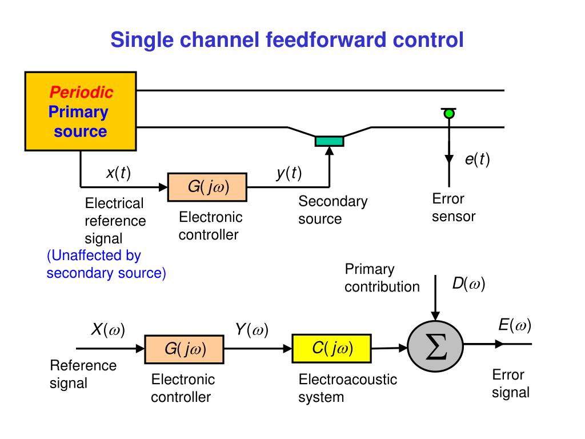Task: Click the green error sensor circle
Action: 449,114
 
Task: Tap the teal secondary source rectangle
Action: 329,141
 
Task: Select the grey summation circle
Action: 435,346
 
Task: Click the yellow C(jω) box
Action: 331,348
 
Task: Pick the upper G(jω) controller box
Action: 207,187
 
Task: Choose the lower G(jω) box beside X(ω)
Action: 185,349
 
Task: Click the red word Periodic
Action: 81,92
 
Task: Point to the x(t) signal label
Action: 118,173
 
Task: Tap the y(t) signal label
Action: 289,173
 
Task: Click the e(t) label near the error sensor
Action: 477,159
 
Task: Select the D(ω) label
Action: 468,284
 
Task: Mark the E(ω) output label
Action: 515,325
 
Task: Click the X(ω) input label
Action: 108,330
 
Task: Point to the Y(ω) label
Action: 252,330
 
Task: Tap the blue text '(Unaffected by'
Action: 94,256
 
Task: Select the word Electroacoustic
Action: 348,380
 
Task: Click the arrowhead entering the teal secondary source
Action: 329,151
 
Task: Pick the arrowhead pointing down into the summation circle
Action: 435,316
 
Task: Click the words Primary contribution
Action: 382,278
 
